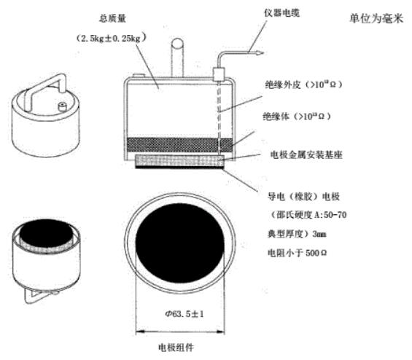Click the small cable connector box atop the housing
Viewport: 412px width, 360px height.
click(x=218, y=74)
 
